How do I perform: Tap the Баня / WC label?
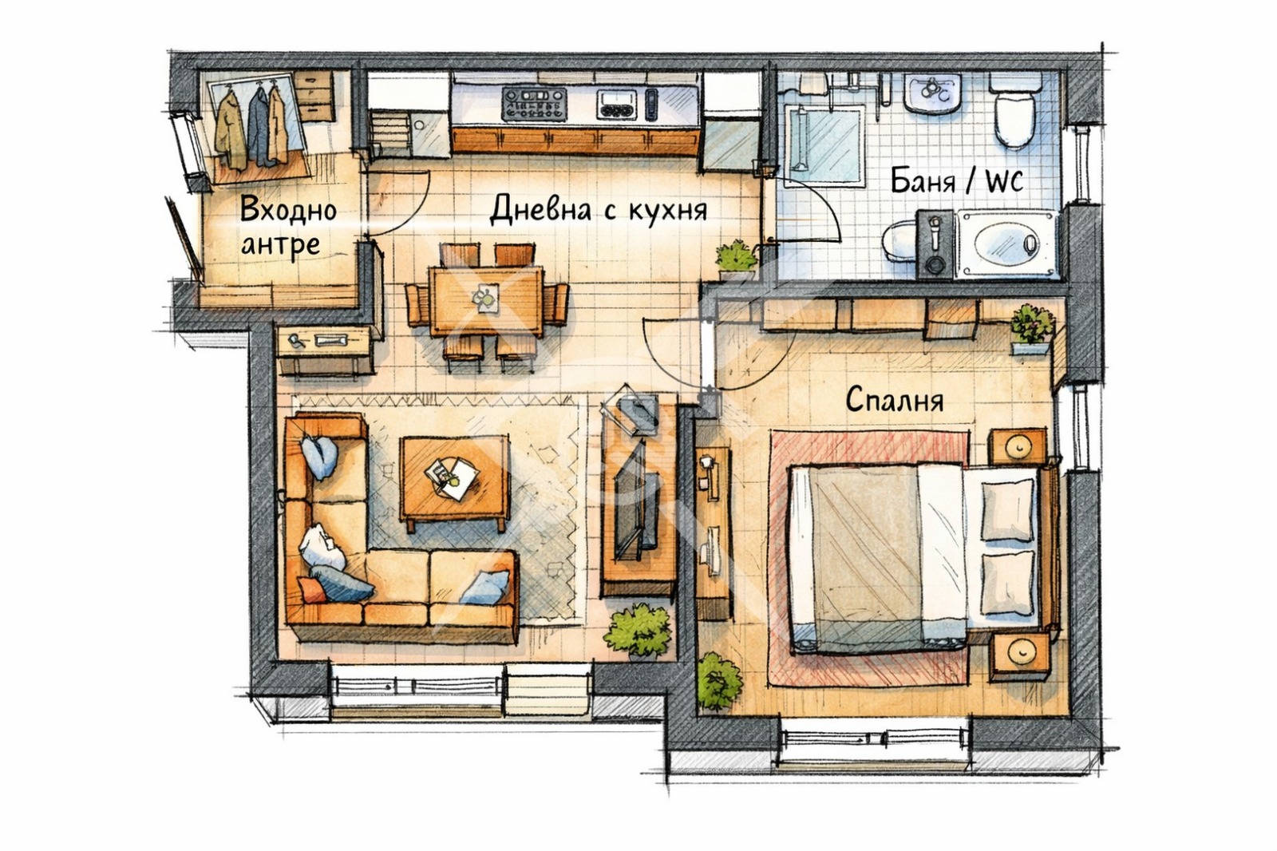click(x=957, y=180)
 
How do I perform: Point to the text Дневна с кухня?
click(x=598, y=209)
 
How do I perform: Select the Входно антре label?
click(x=288, y=227)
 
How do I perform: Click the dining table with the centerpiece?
click(x=486, y=300)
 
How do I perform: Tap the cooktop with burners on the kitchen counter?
click(x=534, y=103)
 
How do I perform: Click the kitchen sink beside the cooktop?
click(x=616, y=105)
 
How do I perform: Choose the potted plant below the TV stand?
click(x=638, y=631)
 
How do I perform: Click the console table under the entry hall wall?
click(x=324, y=350)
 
